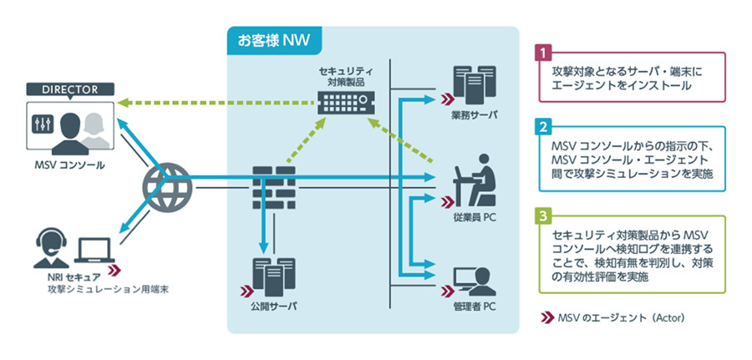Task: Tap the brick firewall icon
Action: pyautogui.click(x=273, y=188)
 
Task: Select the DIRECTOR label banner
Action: pyautogui.click(x=69, y=89)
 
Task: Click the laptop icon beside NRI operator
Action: pyautogui.click(x=95, y=248)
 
